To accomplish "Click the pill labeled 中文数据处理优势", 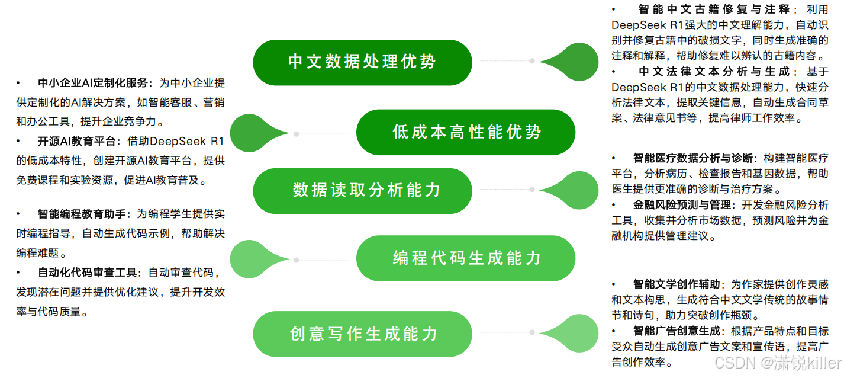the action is [x=362, y=62].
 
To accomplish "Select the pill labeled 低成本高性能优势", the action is [x=466, y=132].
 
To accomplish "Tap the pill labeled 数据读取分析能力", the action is [x=362, y=190].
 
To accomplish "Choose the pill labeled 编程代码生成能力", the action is [x=466, y=258].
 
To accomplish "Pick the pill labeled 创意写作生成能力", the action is [x=362, y=334].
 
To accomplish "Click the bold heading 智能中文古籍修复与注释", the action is [x=714, y=9].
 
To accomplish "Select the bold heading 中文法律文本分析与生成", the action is [x=714, y=72].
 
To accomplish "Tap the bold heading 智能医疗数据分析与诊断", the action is [x=693, y=158].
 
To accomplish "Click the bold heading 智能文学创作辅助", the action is [x=677, y=284].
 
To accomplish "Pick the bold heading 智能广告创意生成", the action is [x=677, y=331].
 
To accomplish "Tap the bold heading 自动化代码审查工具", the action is [x=87, y=273].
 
